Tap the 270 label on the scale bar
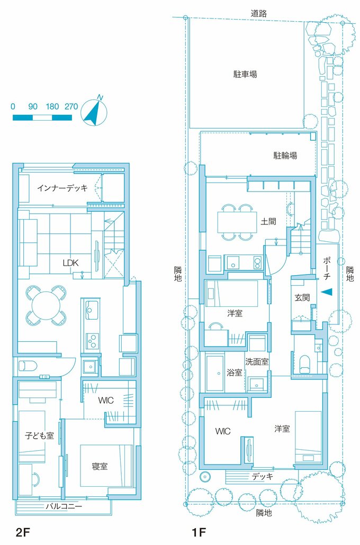point(71,106)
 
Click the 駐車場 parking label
point(245,74)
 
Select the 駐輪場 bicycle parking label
point(285,156)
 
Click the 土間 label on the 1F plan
point(268,221)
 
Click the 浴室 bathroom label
point(235,373)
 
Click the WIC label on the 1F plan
point(223,431)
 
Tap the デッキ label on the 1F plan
point(262,476)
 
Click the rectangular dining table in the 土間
point(236,222)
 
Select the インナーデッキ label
point(62,187)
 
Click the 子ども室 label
point(39,436)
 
